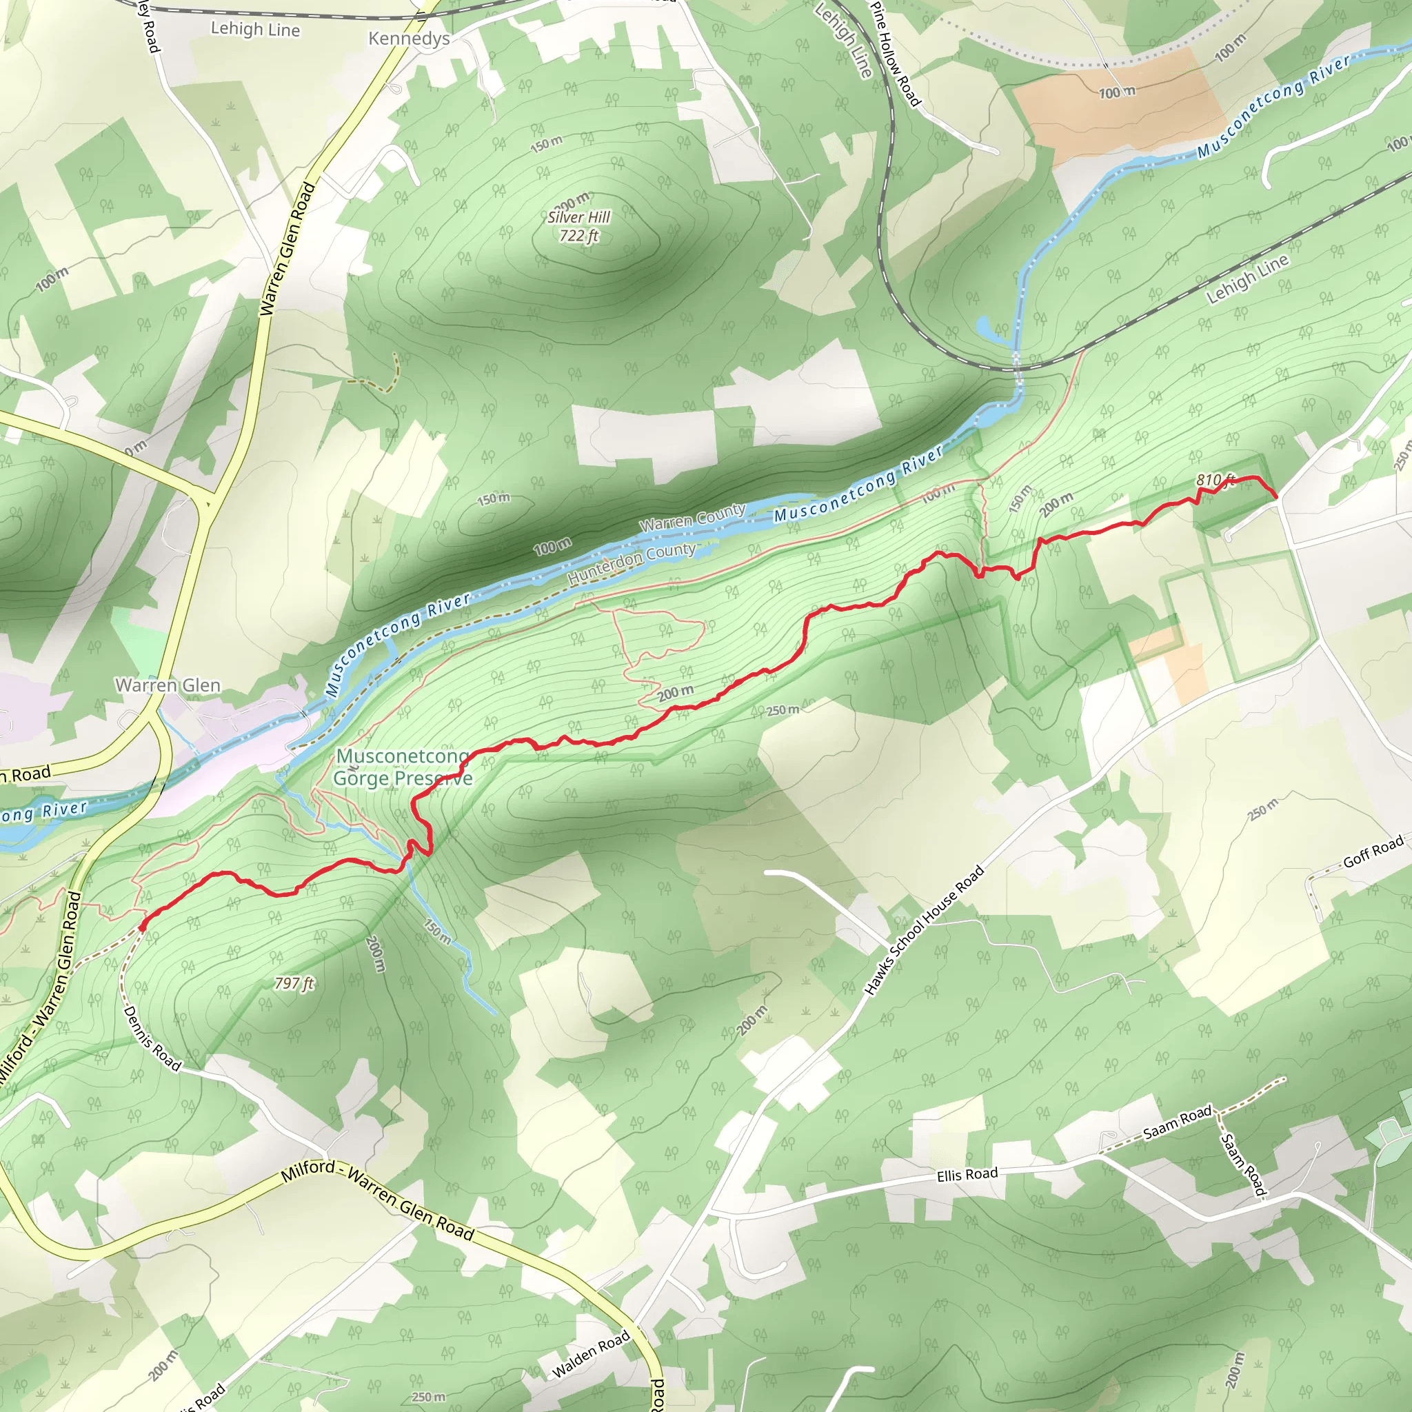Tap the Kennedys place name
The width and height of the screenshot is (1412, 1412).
point(409,38)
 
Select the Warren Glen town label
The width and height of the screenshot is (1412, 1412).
point(168,685)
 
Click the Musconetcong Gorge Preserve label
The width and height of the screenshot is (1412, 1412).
point(403,767)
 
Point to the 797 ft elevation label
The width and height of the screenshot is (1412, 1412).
point(294,983)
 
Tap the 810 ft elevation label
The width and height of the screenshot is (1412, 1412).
point(1216,479)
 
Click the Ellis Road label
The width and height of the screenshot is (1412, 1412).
point(967,1174)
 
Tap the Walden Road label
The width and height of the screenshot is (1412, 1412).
point(591,1354)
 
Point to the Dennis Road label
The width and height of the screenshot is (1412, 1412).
point(152,1038)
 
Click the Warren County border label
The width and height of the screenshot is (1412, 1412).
point(692,516)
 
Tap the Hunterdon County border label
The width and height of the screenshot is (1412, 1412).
point(632,563)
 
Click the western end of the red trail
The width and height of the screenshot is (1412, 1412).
point(141,927)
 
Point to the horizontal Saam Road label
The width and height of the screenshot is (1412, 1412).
point(1178,1122)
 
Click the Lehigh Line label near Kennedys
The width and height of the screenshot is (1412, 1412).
point(255,29)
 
